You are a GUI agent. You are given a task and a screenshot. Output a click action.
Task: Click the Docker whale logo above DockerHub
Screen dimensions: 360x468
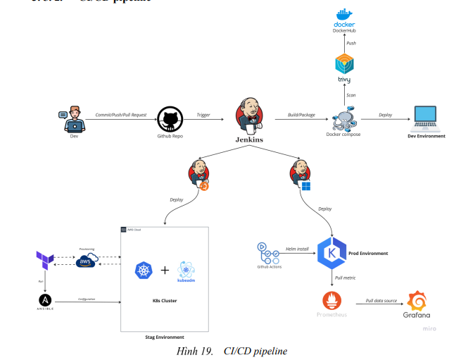344,15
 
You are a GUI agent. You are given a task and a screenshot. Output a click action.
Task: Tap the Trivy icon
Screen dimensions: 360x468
344,64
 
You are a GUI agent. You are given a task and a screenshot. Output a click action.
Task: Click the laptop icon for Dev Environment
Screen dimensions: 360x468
426,118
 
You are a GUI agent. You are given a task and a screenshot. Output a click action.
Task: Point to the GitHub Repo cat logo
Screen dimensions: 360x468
170,118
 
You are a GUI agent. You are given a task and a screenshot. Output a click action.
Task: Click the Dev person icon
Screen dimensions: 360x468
73,120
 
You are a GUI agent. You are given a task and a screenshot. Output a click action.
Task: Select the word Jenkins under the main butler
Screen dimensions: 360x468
249,140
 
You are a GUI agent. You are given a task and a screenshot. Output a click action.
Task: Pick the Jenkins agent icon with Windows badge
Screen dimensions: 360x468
301,174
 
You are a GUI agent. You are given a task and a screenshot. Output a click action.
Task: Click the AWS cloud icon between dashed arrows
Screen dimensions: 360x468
87,261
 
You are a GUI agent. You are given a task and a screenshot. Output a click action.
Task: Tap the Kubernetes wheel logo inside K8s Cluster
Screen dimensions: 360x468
144,271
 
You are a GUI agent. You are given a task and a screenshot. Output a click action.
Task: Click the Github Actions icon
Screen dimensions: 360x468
264,250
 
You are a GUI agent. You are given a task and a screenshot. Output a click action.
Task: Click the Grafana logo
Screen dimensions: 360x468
417,303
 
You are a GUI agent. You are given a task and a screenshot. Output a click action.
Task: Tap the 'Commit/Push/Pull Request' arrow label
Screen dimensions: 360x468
121,113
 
